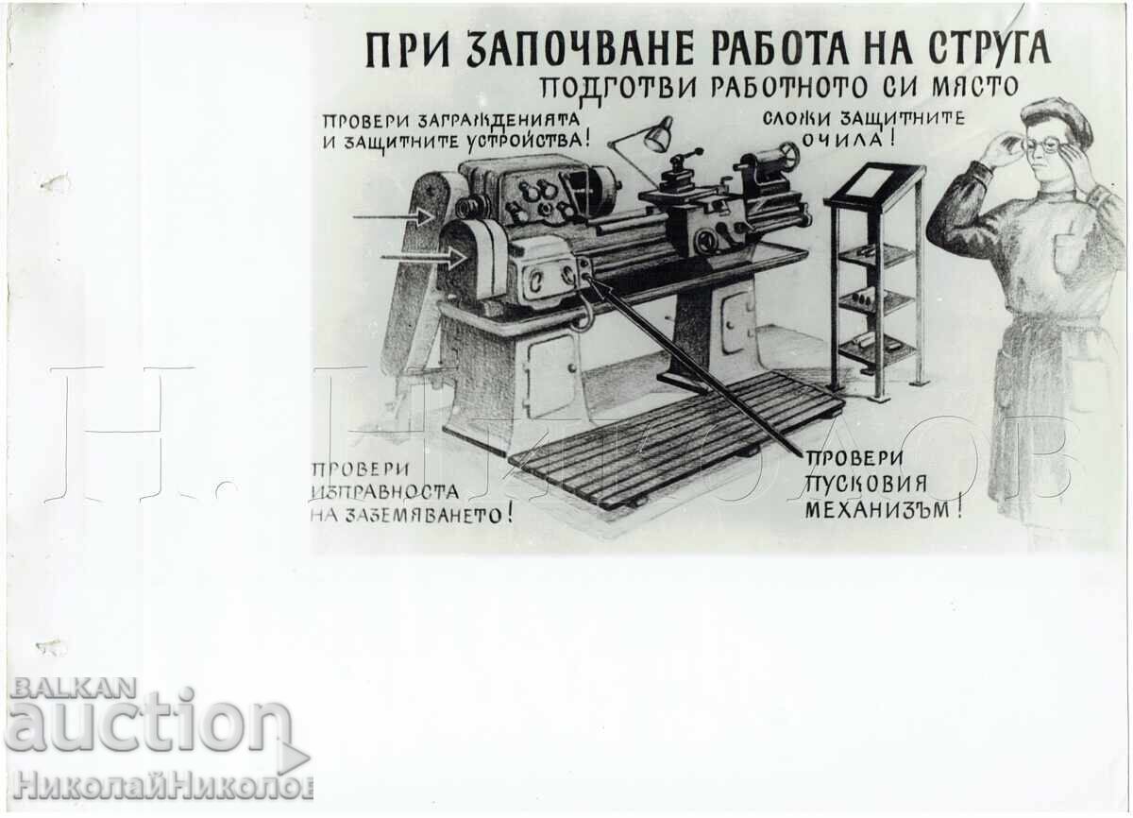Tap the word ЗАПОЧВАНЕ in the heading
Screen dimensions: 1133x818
(586, 51)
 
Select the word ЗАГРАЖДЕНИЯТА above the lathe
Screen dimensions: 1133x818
(499, 120)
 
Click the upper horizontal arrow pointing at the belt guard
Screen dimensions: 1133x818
(393, 217)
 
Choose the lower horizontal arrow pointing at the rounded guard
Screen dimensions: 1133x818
(423, 258)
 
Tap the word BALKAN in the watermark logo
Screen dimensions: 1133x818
(74, 688)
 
